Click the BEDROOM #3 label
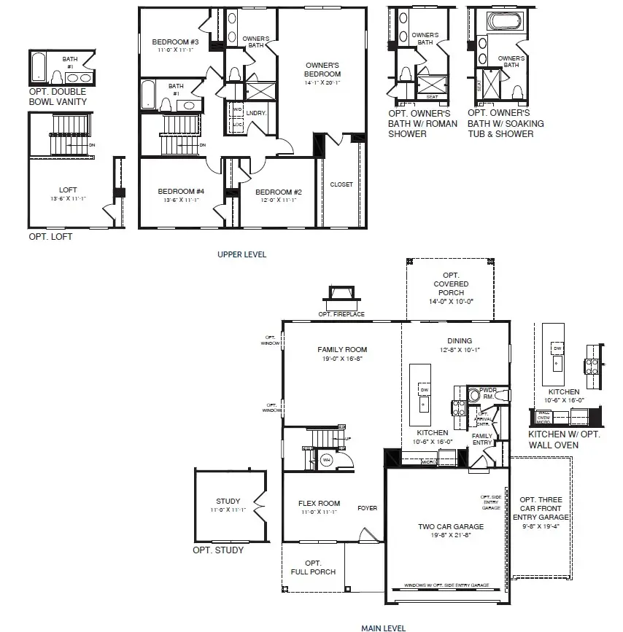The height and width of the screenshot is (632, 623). (x=170, y=42)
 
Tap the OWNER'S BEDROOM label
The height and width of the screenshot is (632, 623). (x=322, y=69)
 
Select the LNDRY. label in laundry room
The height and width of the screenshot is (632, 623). (x=256, y=113)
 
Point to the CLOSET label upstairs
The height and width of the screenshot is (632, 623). (x=341, y=184)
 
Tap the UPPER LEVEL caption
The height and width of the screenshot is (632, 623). (x=241, y=254)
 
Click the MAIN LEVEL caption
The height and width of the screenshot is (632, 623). (x=383, y=627)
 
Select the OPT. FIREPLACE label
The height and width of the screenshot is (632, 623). (x=341, y=314)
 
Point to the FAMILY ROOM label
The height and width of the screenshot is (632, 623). (x=341, y=349)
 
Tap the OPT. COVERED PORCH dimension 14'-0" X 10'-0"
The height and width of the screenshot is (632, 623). (x=451, y=301)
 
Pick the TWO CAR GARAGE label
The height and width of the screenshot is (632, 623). (x=451, y=526)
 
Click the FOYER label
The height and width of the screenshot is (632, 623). (x=367, y=508)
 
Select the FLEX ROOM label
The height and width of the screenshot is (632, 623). (x=319, y=503)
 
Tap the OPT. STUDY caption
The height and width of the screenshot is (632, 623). (x=218, y=550)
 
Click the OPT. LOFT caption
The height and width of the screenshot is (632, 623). (x=50, y=237)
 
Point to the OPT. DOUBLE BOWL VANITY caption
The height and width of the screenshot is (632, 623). (x=58, y=96)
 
